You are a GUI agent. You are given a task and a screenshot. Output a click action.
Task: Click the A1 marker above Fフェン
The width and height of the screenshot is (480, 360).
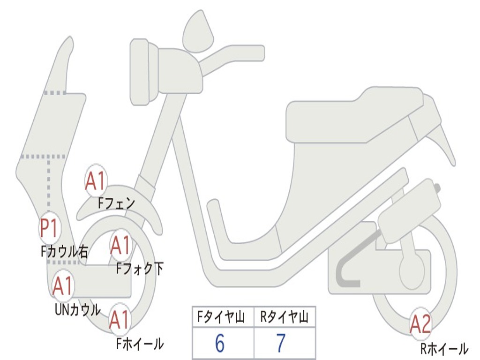[x=96, y=180]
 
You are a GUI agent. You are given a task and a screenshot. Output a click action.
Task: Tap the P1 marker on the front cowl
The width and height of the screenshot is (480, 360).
[x=49, y=229]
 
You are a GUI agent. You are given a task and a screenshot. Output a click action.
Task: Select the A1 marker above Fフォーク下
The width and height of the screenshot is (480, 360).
[x=120, y=245]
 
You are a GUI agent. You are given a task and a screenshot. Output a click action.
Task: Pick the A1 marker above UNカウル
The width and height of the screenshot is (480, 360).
[x=62, y=286]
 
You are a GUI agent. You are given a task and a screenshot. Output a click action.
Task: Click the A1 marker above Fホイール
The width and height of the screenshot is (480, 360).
[x=120, y=321]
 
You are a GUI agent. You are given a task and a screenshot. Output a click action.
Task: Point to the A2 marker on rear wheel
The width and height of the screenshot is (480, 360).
[x=420, y=324]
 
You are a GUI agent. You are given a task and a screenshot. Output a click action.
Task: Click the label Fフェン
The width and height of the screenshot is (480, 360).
[x=116, y=203]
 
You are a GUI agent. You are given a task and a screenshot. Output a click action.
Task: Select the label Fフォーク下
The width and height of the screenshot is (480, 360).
[x=140, y=269]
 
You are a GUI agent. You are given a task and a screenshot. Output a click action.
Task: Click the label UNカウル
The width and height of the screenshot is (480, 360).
[x=78, y=309]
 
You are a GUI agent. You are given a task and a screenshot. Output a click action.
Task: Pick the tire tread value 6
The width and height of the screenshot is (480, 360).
[x=219, y=344]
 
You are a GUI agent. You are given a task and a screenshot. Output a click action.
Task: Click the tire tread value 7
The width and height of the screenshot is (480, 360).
[x=281, y=344]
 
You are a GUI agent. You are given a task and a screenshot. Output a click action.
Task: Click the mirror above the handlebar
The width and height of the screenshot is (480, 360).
[x=198, y=31]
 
